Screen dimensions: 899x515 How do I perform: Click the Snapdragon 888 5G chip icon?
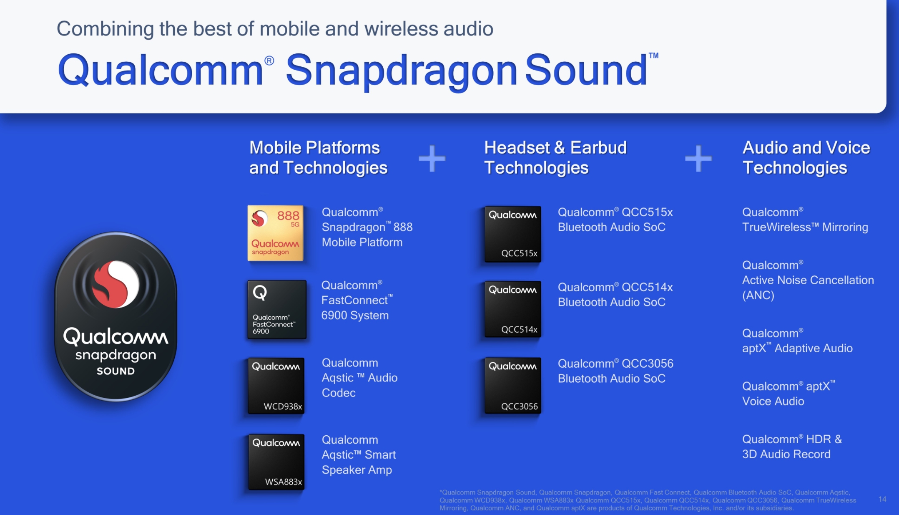(x=275, y=233)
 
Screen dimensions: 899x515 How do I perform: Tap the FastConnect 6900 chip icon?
(x=277, y=309)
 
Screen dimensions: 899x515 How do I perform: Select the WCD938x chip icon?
(x=276, y=386)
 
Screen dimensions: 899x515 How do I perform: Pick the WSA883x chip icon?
(x=276, y=462)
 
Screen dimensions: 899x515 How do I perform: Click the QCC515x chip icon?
(x=513, y=234)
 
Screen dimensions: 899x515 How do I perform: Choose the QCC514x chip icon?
(x=513, y=309)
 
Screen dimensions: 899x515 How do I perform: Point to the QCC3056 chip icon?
(x=513, y=386)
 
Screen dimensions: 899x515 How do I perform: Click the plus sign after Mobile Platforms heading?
(x=432, y=159)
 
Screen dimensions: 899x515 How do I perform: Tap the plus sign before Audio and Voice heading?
(x=698, y=159)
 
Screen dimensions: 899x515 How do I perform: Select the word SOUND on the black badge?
(x=116, y=371)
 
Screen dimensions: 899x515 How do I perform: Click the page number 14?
(x=882, y=499)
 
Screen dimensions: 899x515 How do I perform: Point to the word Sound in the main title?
(x=586, y=70)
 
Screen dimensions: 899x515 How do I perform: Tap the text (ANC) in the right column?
(x=758, y=295)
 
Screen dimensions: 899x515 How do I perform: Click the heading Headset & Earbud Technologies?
(x=555, y=158)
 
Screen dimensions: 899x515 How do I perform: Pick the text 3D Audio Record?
(x=786, y=454)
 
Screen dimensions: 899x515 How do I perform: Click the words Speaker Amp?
(x=357, y=470)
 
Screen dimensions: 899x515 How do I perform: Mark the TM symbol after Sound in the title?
(x=653, y=56)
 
